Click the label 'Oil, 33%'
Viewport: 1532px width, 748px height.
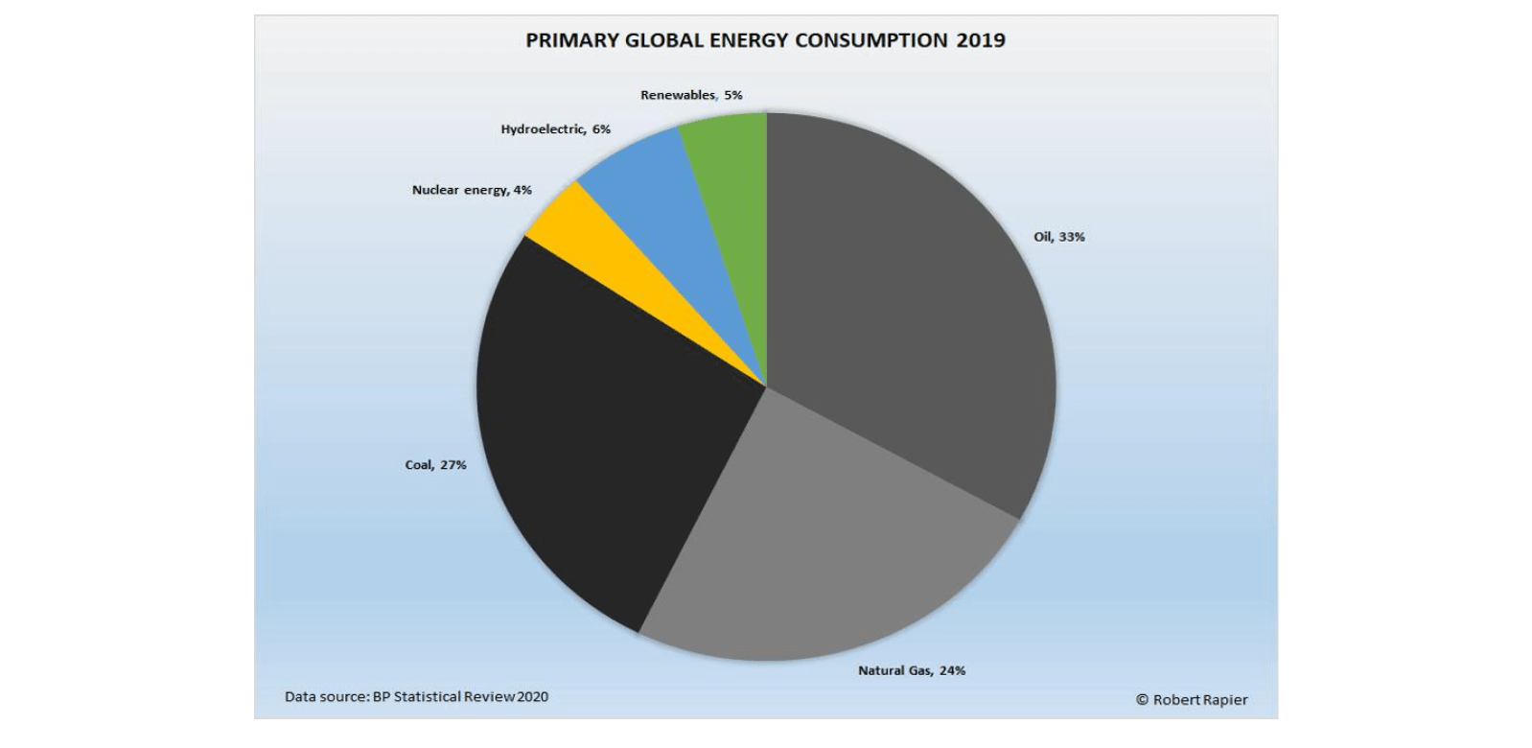click(1058, 237)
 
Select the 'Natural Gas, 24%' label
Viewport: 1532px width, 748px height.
click(911, 670)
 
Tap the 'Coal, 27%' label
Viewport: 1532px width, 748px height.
click(435, 465)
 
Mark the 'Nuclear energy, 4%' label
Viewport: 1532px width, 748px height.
click(472, 190)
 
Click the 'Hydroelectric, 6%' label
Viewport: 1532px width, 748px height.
click(555, 129)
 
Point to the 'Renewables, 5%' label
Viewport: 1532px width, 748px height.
click(691, 95)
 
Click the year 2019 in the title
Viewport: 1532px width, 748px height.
click(981, 40)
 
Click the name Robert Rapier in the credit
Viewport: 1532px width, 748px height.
click(1200, 700)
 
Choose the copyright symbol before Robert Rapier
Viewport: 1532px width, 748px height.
click(1142, 700)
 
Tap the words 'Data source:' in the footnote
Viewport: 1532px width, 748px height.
click(326, 697)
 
